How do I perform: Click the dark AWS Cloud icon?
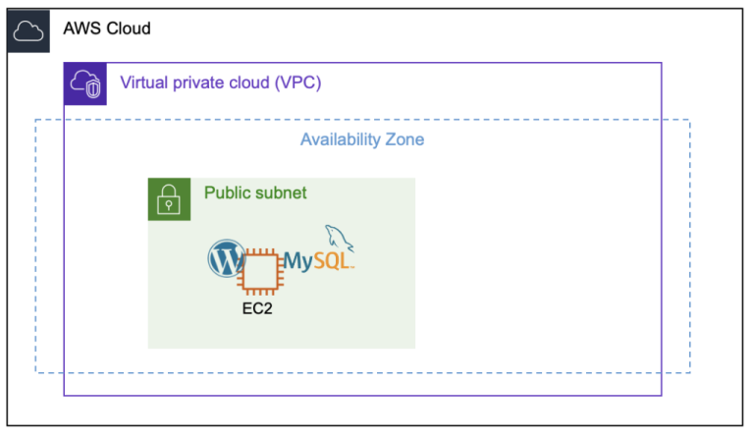click(x=27, y=29)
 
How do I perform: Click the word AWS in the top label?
click(x=81, y=29)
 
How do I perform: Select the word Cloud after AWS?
click(x=128, y=29)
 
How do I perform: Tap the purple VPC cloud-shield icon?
click(x=84, y=83)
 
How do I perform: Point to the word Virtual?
click(x=145, y=82)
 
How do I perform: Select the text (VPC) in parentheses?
click(x=299, y=82)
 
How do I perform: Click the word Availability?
click(x=340, y=139)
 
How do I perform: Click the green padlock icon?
click(x=169, y=199)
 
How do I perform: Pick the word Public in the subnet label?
click(x=227, y=192)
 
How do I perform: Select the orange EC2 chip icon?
click(x=260, y=270)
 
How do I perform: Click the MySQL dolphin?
click(x=339, y=238)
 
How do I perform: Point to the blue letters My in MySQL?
click(x=298, y=262)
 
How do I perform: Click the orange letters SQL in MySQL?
click(x=333, y=261)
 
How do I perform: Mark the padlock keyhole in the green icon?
click(x=169, y=205)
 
